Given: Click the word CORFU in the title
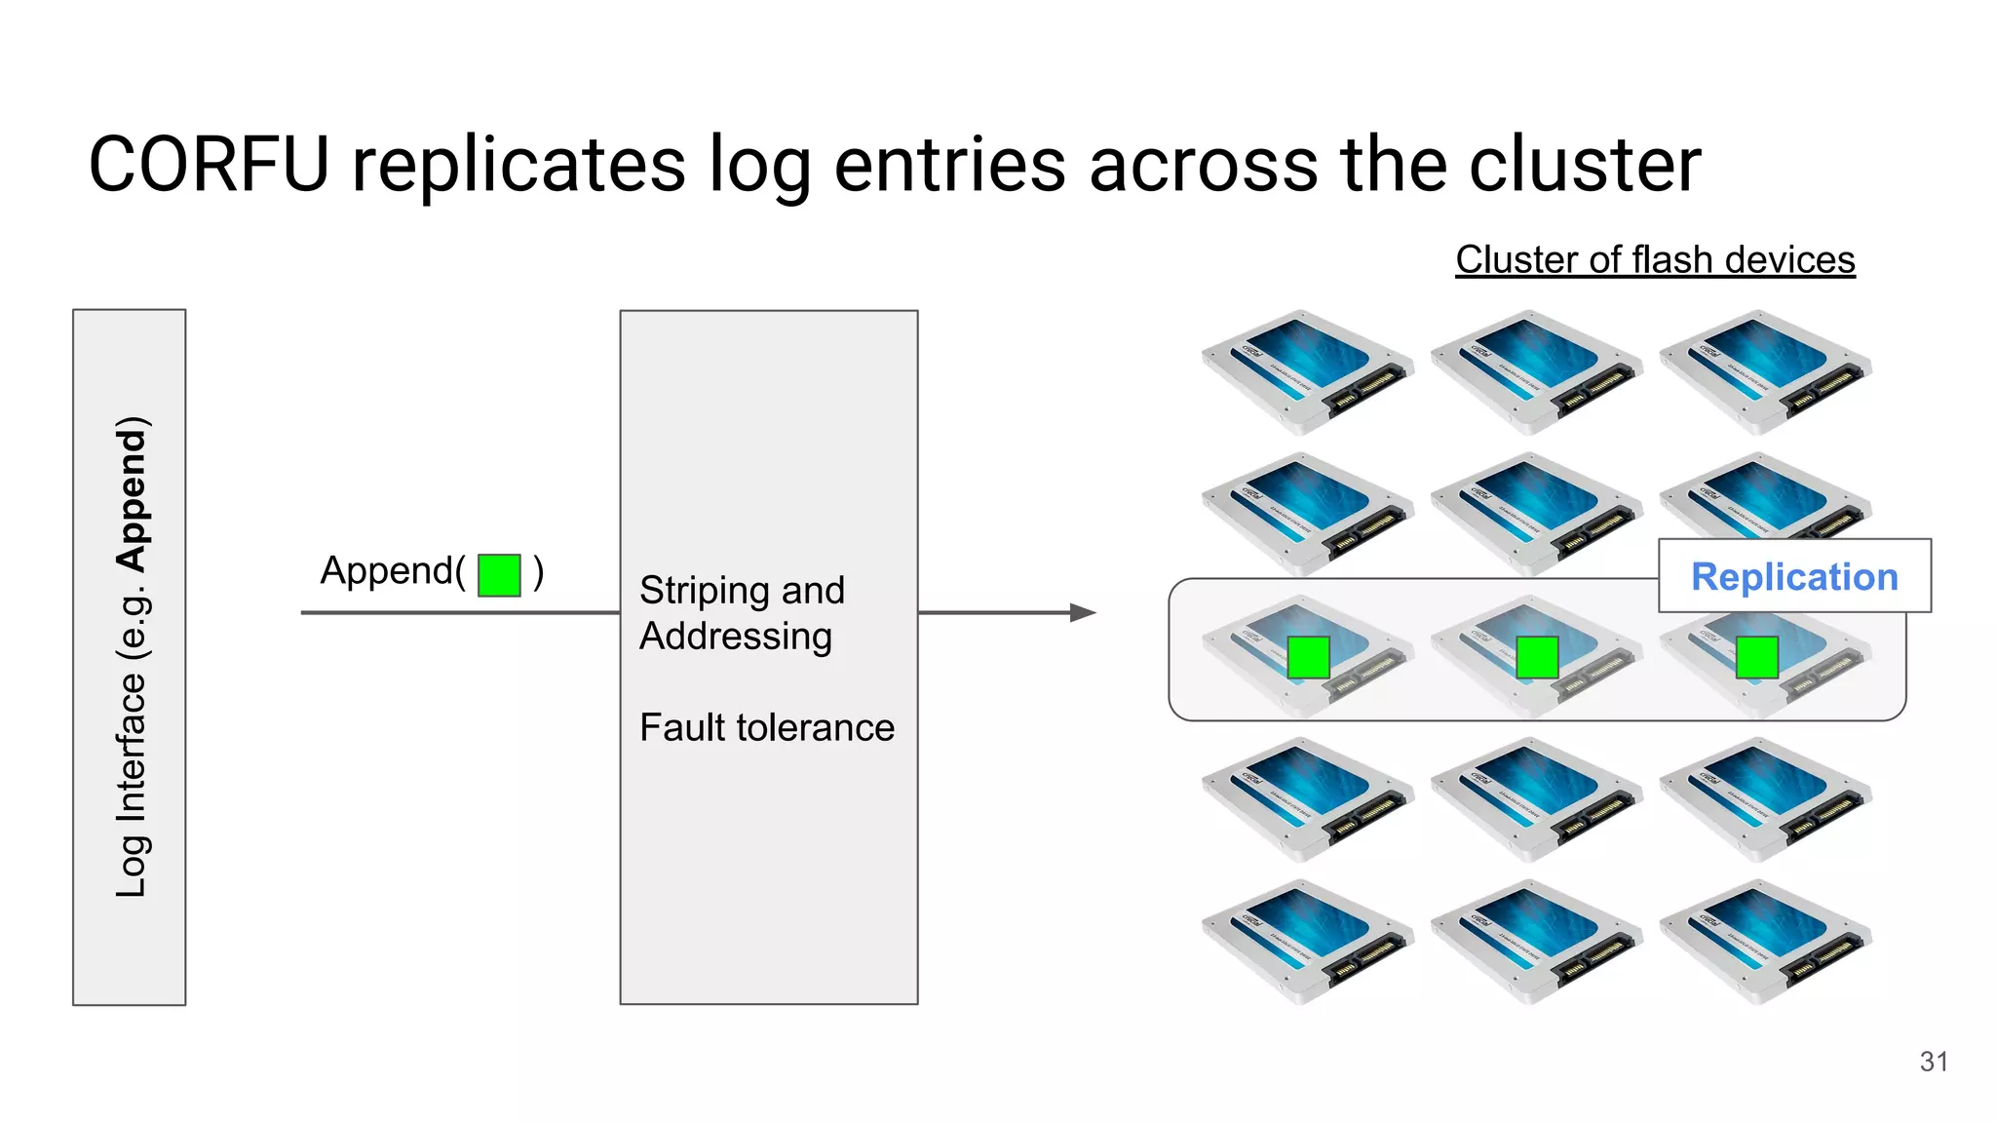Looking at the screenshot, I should [x=209, y=165].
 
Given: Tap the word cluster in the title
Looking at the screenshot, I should [x=1585, y=165].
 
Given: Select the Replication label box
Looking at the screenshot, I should [x=1793, y=576].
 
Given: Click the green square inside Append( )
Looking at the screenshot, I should [x=499, y=575].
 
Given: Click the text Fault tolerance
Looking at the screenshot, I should [x=766, y=727].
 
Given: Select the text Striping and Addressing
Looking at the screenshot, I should [x=741, y=613].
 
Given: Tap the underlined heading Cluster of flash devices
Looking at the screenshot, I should [x=1654, y=260].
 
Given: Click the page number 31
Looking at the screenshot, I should [x=1934, y=1062].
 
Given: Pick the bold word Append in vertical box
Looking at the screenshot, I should [x=132, y=494].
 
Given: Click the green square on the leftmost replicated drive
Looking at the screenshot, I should [x=1308, y=657].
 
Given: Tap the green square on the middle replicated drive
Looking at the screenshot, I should [x=1537, y=657].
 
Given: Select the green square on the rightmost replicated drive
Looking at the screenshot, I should [x=1757, y=657].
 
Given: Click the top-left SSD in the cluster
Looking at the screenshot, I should [x=1306, y=371].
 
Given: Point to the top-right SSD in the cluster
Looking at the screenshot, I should [x=1764, y=371].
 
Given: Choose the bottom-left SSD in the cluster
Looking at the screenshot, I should [x=1306, y=942].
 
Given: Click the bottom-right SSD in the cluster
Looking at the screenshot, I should [x=1764, y=942].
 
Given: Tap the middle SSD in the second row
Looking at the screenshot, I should [x=1535, y=512].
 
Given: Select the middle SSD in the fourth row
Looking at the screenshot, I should [x=1535, y=798].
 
